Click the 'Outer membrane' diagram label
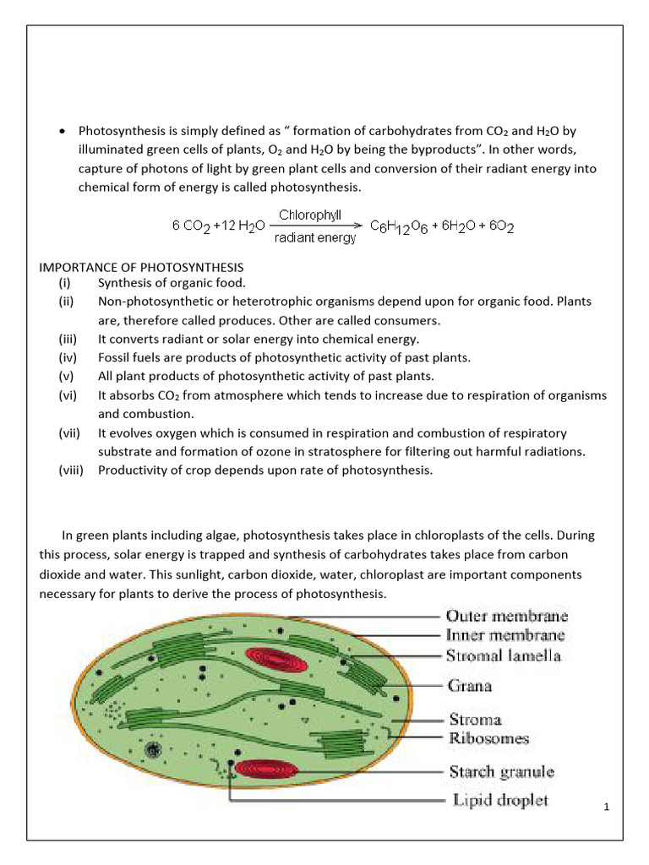point(506,617)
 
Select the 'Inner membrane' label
point(505,635)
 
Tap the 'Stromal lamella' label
point(504,655)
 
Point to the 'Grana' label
point(469,686)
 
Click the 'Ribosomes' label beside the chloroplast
point(488,738)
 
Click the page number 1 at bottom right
point(607,808)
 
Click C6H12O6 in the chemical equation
point(401,226)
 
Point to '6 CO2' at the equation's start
point(191,226)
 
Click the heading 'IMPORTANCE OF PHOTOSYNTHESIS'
point(141,268)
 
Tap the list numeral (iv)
point(68,357)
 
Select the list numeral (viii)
point(72,471)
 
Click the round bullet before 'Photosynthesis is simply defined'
point(62,132)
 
